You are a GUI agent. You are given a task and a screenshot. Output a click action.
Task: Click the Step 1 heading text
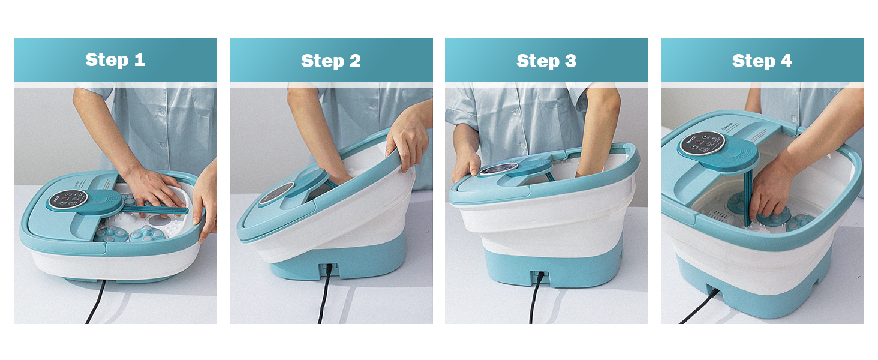[x=115, y=60]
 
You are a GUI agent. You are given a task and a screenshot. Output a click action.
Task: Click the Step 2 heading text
[x=331, y=61]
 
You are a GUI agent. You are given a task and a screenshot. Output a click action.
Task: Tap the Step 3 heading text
[x=546, y=61]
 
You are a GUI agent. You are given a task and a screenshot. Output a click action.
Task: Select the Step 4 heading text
[x=762, y=61]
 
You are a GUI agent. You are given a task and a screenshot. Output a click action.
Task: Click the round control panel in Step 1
[x=67, y=200]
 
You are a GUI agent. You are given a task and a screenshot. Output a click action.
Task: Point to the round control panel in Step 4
[x=702, y=143]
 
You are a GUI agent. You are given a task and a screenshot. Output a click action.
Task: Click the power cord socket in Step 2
[x=329, y=269]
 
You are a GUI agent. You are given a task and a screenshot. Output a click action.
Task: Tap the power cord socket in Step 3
[x=540, y=275]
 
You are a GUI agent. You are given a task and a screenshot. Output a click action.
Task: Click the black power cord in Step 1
[x=95, y=302]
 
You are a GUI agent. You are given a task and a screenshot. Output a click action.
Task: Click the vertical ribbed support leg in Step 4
[x=748, y=196]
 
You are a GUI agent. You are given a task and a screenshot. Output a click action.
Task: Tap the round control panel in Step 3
[x=498, y=169]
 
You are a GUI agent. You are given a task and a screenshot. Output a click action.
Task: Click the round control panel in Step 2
[x=276, y=193]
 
